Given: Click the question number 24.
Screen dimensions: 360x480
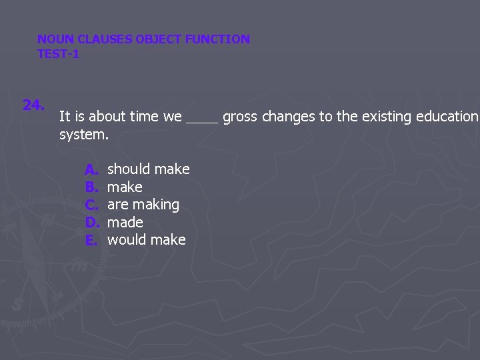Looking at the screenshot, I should (x=33, y=105).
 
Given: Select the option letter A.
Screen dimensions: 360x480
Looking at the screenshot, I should (x=91, y=169).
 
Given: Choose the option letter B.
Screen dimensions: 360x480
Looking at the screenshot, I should (x=91, y=187).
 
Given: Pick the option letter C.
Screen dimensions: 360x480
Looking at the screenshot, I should (x=91, y=205).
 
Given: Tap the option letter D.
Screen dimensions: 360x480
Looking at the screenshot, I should (x=91, y=222).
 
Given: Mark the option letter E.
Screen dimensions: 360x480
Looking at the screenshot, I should (x=91, y=240).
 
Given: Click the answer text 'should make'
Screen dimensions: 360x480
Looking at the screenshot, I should (x=149, y=169).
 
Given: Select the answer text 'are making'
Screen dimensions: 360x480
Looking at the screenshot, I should (x=143, y=205).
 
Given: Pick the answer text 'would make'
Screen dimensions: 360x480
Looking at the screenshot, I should (x=147, y=240).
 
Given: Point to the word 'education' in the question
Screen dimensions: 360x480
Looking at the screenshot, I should (x=447, y=117).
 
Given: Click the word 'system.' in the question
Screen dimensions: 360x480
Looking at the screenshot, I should (x=83, y=135).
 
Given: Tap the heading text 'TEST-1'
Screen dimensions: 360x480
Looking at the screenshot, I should (x=58, y=54).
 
